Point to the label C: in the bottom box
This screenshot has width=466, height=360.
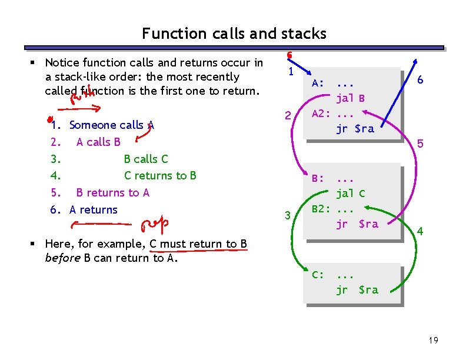point(318,274)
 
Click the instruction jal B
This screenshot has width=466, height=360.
point(351,98)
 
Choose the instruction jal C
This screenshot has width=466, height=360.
point(351,193)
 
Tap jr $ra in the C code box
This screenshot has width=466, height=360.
point(357,289)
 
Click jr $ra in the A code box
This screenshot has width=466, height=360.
point(355,128)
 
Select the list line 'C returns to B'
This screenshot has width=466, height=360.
point(160,175)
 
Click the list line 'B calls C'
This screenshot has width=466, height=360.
point(146,159)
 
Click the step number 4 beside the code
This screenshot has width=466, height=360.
point(419,232)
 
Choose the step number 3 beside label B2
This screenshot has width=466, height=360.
point(288,216)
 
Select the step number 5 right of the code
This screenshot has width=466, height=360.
point(420,143)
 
